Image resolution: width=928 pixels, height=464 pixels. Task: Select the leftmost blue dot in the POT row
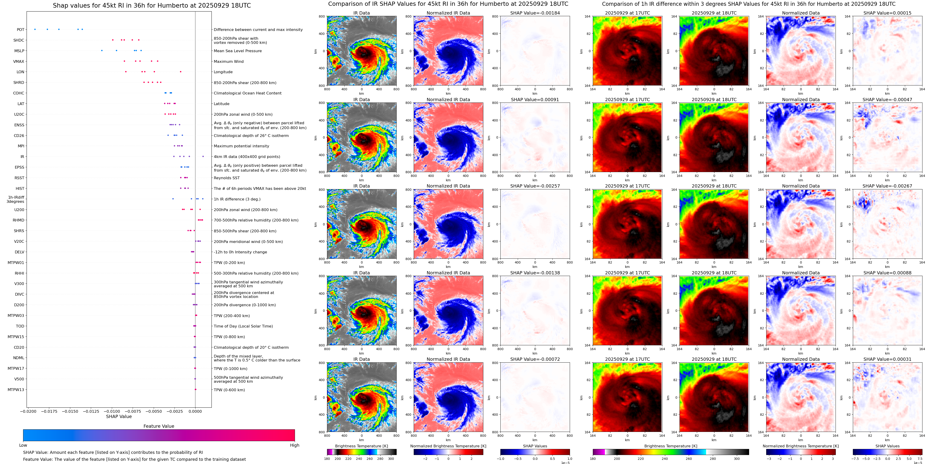tap(35, 29)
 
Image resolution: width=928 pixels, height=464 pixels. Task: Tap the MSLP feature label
tap(19, 51)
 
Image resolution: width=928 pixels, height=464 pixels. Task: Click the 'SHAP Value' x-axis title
tap(119, 416)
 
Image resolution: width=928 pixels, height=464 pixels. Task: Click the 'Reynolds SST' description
tap(227, 178)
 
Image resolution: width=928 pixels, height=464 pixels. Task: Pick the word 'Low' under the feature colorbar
tap(23, 445)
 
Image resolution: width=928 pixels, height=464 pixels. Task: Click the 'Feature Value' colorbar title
tap(159, 426)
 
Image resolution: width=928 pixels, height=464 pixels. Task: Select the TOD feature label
tap(20, 326)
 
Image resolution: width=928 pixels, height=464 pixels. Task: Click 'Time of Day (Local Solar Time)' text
tap(243, 326)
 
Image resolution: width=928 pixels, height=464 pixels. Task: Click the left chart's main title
tap(152, 5)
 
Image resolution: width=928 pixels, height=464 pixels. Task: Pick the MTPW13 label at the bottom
tap(16, 389)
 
